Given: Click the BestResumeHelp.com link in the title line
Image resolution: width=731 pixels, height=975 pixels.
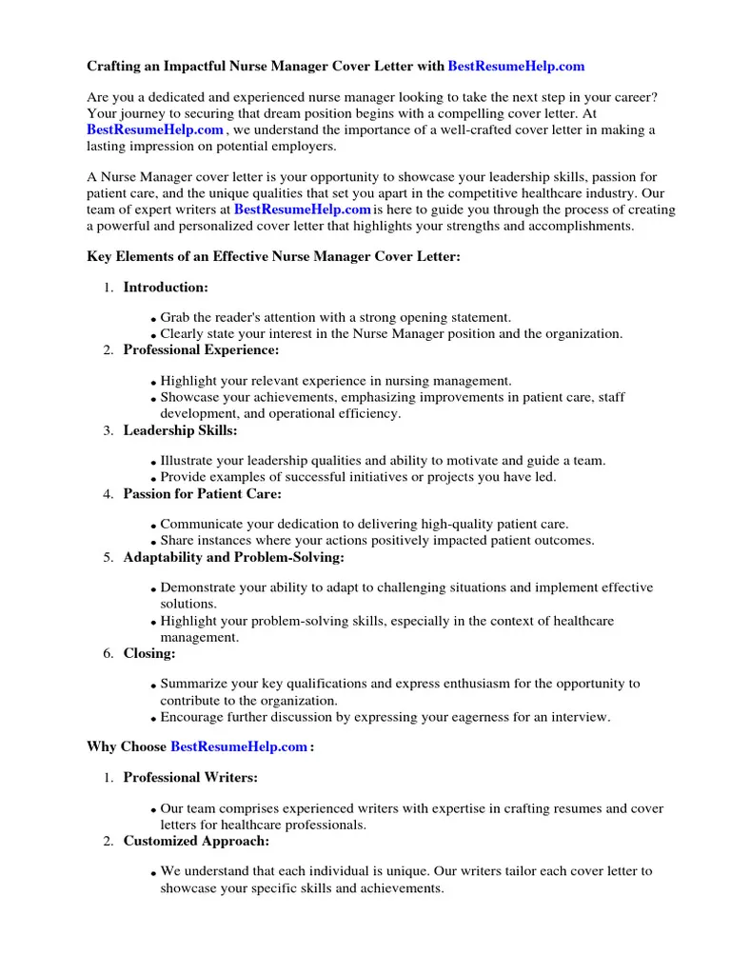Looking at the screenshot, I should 516,67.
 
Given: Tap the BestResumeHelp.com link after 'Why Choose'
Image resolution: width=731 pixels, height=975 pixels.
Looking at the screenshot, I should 238,747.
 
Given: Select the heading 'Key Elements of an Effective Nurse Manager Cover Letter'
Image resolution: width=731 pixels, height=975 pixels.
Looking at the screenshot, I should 274,257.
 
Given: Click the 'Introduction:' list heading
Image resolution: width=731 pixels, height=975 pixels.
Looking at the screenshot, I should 166,288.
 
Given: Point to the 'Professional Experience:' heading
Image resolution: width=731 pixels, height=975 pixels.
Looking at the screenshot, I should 201,350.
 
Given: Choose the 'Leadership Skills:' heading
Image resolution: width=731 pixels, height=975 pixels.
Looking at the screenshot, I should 180,430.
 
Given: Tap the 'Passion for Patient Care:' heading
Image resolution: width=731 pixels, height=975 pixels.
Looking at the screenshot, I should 202,494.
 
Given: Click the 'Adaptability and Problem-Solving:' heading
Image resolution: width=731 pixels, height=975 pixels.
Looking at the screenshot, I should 233,557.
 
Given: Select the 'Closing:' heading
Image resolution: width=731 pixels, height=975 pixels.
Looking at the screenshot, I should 149,653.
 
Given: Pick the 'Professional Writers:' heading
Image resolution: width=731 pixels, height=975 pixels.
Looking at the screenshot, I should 190,778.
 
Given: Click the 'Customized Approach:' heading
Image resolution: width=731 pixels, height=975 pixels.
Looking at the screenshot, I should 196,841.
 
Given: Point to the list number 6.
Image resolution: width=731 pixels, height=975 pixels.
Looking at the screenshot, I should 109,654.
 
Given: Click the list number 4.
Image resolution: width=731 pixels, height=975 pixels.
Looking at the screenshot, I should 109,495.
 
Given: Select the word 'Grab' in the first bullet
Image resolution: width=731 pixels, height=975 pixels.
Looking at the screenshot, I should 175,317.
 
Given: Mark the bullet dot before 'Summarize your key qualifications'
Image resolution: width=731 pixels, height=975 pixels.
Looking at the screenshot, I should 154,686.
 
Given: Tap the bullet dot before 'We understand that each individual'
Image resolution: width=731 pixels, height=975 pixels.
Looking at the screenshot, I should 154,873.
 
